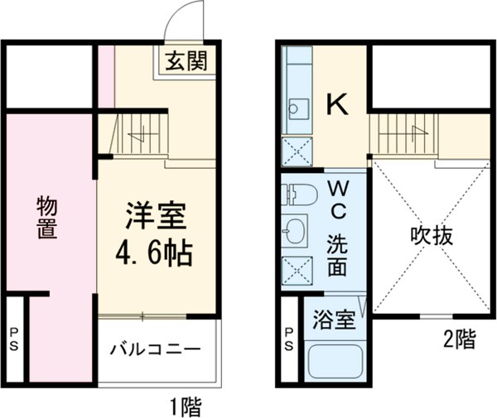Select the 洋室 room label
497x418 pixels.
156,217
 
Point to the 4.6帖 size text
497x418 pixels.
156,250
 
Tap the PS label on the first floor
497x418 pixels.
14,339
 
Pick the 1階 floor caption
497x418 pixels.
185,406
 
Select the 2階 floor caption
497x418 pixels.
460,339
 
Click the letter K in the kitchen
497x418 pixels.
335,104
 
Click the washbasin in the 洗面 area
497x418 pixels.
296,231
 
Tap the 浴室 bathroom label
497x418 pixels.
335,318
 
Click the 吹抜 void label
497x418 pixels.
432,237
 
